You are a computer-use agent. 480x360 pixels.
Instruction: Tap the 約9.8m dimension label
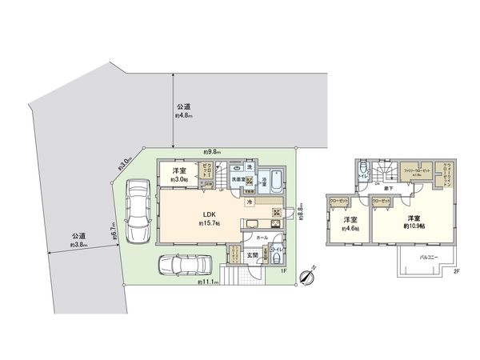click(212, 152)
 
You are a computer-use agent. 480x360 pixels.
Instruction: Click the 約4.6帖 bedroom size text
click(350, 228)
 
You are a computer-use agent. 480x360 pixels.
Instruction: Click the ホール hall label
click(262, 238)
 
